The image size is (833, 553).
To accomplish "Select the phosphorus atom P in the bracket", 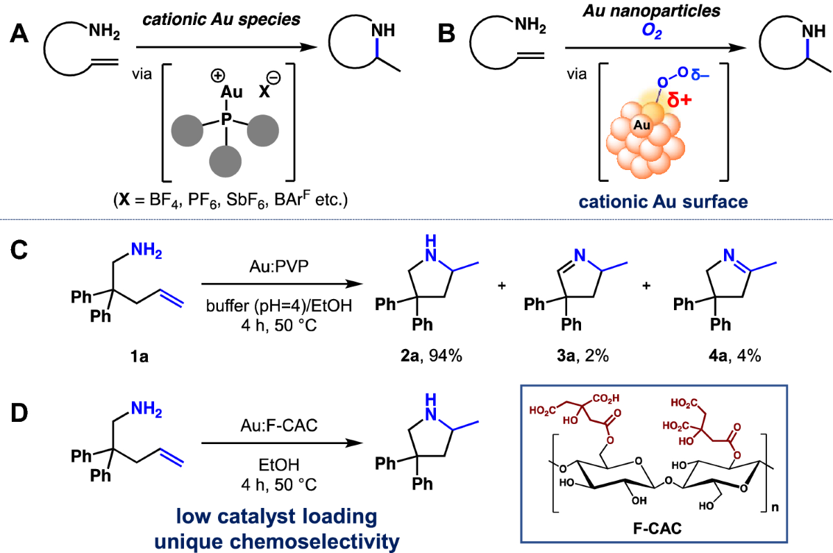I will [x=226, y=119].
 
